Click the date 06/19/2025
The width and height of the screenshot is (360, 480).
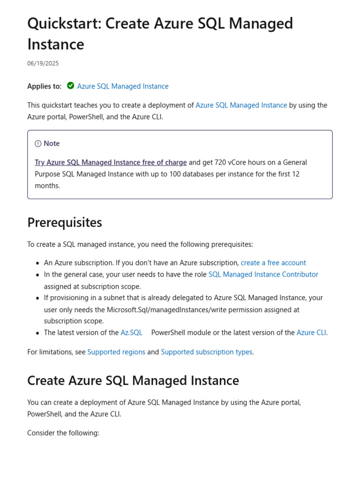(43, 63)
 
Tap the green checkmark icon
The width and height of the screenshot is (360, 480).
(70, 86)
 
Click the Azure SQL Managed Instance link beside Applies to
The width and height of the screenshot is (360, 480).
(123, 86)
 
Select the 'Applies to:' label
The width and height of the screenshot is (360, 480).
(44, 86)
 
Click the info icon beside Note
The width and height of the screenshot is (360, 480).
(38, 144)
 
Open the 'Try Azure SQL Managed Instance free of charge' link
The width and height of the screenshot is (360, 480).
(111, 163)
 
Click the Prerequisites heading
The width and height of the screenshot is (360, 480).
(65, 223)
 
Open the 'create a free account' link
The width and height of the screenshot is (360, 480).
(273, 263)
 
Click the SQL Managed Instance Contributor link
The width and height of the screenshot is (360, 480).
(263, 275)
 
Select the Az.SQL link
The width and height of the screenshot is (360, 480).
(131, 333)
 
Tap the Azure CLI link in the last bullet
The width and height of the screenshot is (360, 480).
(311, 333)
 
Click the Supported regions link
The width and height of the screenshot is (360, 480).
(116, 352)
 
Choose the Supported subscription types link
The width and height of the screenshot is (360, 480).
(206, 352)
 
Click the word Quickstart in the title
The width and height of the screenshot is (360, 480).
(63, 23)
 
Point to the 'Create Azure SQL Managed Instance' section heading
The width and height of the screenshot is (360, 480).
(133, 381)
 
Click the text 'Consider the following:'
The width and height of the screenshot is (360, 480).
(63, 433)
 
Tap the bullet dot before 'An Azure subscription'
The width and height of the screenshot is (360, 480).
(37, 263)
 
